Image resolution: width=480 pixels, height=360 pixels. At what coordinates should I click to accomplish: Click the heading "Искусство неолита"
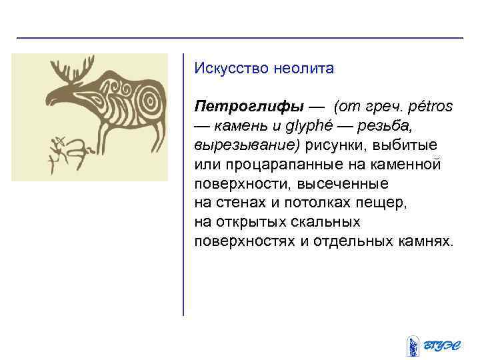coord(263,68)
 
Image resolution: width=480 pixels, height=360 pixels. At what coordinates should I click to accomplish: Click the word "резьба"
coord(412,125)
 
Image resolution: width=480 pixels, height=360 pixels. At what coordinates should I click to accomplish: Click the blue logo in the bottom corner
coord(430,344)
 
